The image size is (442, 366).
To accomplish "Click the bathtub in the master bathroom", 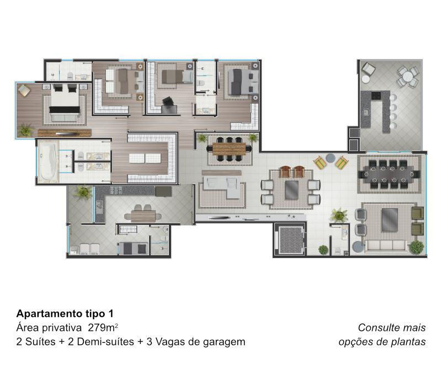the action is coord(47,162).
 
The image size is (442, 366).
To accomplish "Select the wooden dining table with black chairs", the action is coord(229,149).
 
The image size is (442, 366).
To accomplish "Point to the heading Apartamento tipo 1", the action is coord(65,313).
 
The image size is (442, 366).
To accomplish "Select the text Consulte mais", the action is coord(392,327).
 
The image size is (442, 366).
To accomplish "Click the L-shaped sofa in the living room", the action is coord(223,186).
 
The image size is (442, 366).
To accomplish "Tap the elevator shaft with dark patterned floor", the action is coord(290,240).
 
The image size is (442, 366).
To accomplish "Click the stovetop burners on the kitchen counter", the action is coord(116,190).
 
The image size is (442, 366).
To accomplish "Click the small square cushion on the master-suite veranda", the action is coord(24,90).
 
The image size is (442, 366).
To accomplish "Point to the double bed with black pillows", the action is coord(65,103).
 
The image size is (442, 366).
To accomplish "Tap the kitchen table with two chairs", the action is coord(143,214).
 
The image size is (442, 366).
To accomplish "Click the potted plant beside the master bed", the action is coord(25,131).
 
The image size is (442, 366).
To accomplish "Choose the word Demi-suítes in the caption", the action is coord(105,342).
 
